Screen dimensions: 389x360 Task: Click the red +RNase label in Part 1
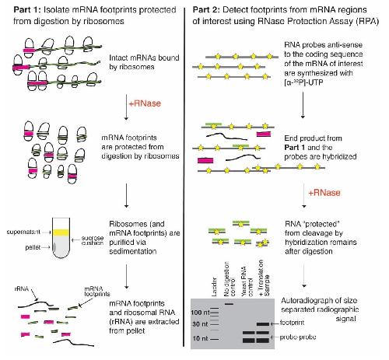tap(145, 103)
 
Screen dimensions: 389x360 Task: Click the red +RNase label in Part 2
tap(324, 193)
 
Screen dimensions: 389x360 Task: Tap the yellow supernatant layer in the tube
tap(61, 232)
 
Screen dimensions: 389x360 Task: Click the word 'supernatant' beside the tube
tap(23, 232)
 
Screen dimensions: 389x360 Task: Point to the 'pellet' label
tap(33, 247)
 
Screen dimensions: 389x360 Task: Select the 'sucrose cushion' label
tap(93, 240)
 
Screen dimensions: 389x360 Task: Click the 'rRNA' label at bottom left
tap(22, 289)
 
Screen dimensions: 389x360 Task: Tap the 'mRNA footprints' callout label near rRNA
tap(97, 292)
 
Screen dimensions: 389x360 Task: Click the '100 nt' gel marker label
tap(200, 313)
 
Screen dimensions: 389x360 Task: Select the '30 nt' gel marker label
tap(200, 324)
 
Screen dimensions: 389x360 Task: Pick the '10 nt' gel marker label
tap(200, 338)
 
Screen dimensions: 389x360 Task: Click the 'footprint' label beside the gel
tap(292, 323)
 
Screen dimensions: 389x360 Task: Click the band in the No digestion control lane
tap(230, 303)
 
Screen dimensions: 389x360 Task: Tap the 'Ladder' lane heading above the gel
tap(214, 287)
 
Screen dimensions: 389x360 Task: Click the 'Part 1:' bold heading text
tap(27, 10)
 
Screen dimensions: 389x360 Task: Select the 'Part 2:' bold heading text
tap(206, 10)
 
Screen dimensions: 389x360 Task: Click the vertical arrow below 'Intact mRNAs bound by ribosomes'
tap(126, 107)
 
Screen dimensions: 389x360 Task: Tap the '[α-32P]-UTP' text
tap(303, 83)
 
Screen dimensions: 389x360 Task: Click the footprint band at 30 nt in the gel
tap(263, 324)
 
